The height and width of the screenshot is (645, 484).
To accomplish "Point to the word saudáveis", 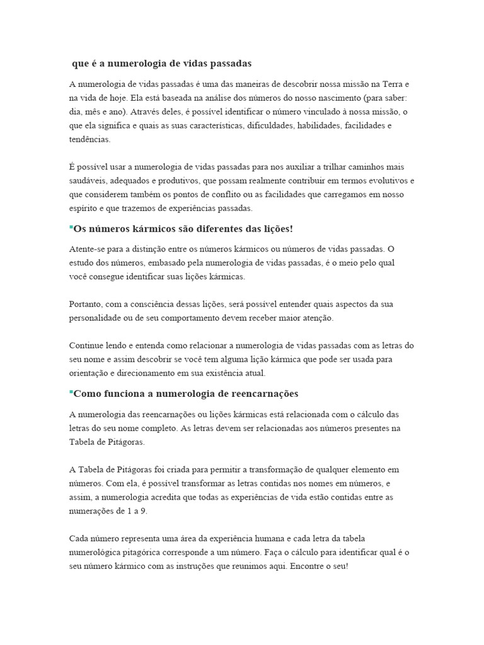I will [88, 181].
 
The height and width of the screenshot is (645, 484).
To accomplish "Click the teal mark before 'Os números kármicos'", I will [71, 225].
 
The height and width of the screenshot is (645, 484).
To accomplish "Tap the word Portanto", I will [87, 304].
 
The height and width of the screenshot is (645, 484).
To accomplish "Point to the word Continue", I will [88, 346].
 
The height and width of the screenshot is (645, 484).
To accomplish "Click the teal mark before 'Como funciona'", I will [71, 391].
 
